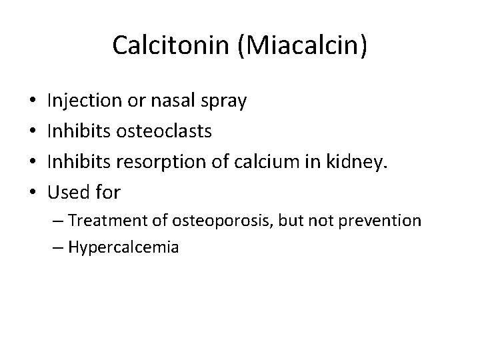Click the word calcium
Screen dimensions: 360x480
245,163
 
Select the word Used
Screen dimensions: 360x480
69,193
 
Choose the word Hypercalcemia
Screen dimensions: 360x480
122,247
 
